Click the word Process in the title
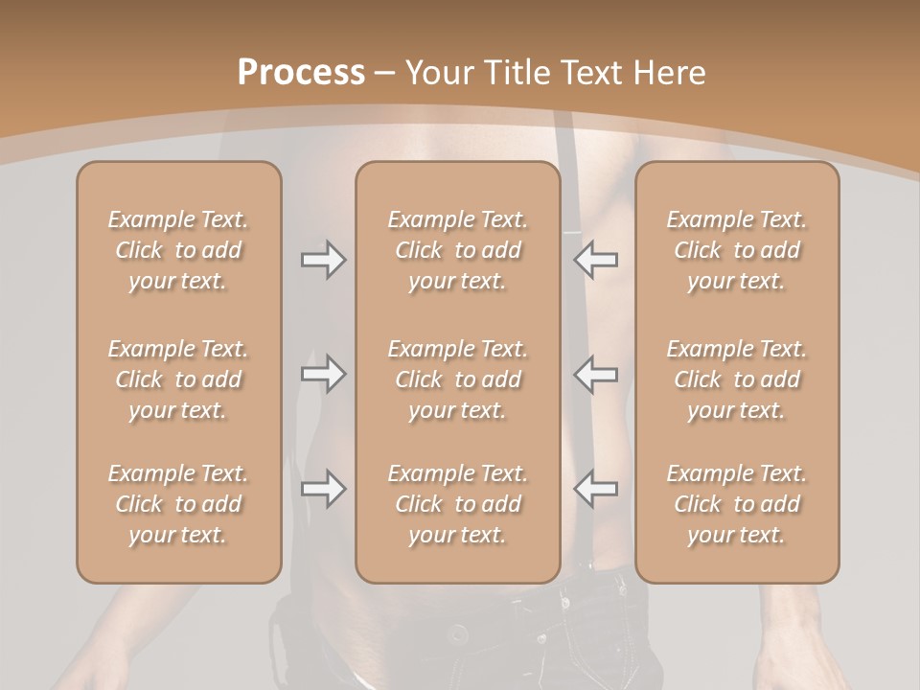click(x=301, y=73)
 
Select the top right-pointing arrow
click(x=323, y=260)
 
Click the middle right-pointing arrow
click(x=323, y=374)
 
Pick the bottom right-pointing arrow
click(x=323, y=489)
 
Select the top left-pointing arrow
click(x=596, y=260)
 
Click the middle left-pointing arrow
click(x=596, y=374)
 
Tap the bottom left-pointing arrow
click(x=596, y=489)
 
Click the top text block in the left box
click(x=178, y=250)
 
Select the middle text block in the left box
click(x=178, y=379)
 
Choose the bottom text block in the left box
click(x=178, y=504)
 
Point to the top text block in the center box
click(x=457, y=250)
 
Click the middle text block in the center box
click(x=457, y=379)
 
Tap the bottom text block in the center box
click(x=457, y=504)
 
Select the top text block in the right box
click(x=737, y=250)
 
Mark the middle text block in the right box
click(x=737, y=379)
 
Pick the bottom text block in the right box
click(x=737, y=504)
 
